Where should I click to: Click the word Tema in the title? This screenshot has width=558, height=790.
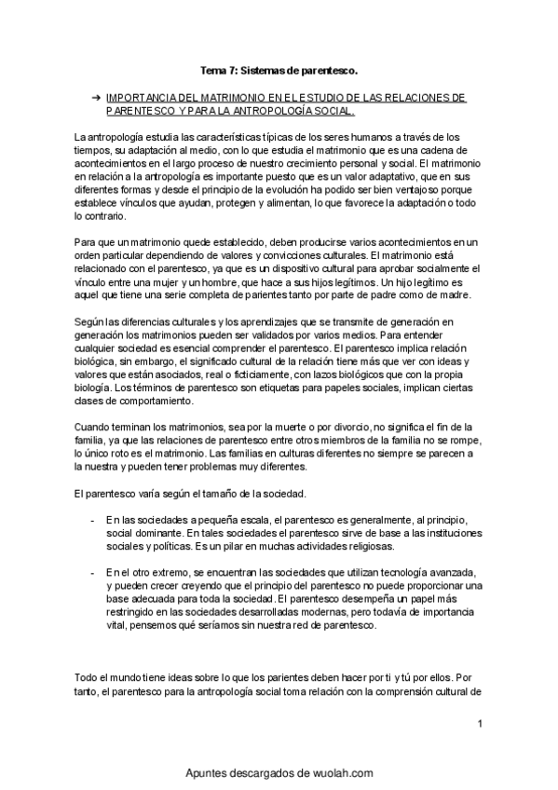point(212,70)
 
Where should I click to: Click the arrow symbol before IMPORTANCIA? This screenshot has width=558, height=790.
point(96,97)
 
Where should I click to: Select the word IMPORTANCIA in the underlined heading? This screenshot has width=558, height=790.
point(143,97)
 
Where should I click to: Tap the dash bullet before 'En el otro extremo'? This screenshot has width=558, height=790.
point(91,570)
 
